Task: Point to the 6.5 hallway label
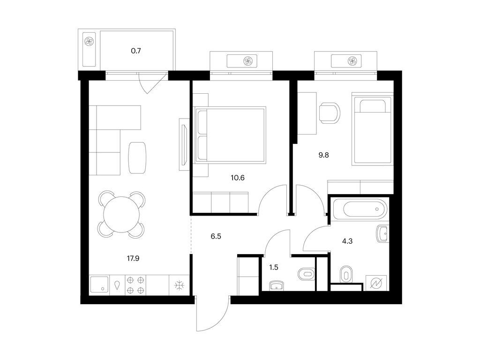pos(215,237)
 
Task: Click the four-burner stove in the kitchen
pos(136,285)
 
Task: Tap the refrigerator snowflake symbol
pos(179,285)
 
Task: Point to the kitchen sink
pos(99,284)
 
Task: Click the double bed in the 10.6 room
pos(230,135)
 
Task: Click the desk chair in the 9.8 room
pos(329,113)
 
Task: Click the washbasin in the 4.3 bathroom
pos(382,233)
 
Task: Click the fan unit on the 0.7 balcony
pos(89,42)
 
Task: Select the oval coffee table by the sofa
pos(137,157)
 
